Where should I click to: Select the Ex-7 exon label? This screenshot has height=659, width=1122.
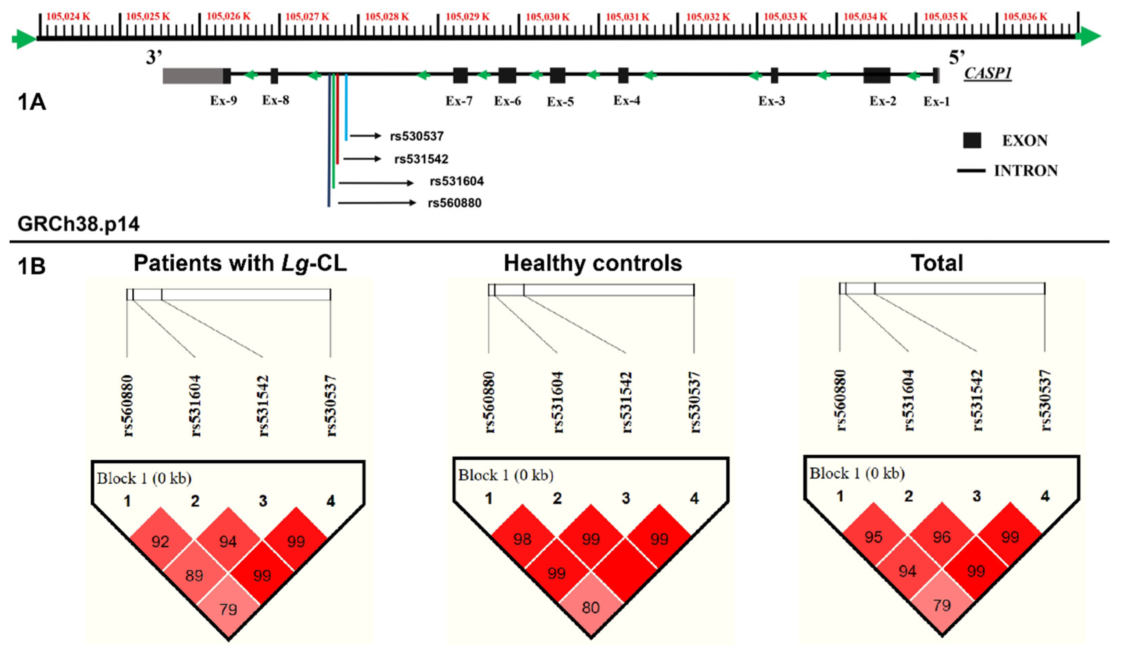(x=459, y=101)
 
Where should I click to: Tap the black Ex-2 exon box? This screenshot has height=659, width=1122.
(x=877, y=76)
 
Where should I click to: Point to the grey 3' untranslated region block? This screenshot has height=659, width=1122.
(x=192, y=76)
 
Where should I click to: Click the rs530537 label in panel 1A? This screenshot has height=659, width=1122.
(x=417, y=136)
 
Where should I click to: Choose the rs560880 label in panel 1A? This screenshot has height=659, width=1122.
(x=455, y=203)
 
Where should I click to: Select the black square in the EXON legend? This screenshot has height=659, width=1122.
(x=972, y=141)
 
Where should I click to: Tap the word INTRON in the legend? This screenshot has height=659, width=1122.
(x=1026, y=171)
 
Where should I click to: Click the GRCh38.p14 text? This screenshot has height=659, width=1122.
(x=78, y=224)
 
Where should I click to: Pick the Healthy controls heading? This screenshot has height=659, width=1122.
(x=593, y=263)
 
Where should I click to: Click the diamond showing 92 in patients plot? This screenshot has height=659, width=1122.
(x=160, y=542)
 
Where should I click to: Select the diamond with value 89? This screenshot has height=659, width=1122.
(x=194, y=576)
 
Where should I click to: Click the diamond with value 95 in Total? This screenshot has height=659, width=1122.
(x=873, y=537)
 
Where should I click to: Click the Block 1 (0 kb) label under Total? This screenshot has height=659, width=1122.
(x=857, y=473)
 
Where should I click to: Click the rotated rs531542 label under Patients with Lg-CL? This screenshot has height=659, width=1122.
(x=263, y=406)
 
